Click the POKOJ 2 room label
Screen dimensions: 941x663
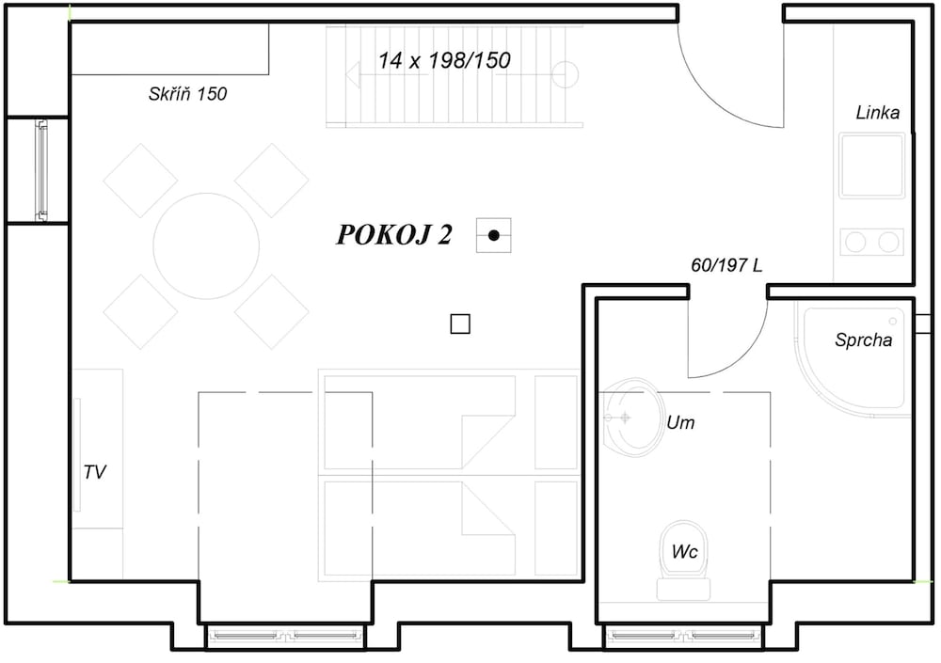tap(393, 234)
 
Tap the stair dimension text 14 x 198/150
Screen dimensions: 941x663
tap(444, 60)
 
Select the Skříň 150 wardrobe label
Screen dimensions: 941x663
tap(188, 94)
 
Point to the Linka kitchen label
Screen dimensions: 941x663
tap(877, 112)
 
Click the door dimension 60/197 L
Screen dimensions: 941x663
tap(726, 264)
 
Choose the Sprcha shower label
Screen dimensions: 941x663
tap(863, 340)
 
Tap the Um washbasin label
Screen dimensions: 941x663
tap(680, 422)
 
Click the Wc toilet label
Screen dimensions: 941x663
tap(684, 551)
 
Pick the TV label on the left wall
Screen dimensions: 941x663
tap(95, 472)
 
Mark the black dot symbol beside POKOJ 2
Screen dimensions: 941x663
tap(494, 235)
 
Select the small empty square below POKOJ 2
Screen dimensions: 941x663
tap(460, 324)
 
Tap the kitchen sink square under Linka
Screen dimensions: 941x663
tap(871, 166)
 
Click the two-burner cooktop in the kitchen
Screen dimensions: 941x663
tap(871, 242)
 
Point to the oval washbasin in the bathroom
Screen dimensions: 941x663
tap(631, 418)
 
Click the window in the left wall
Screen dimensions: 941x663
tap(41, 170)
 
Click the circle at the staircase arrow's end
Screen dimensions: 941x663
tap(564, 74)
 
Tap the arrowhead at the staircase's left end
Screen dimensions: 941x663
tap(353, 74)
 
